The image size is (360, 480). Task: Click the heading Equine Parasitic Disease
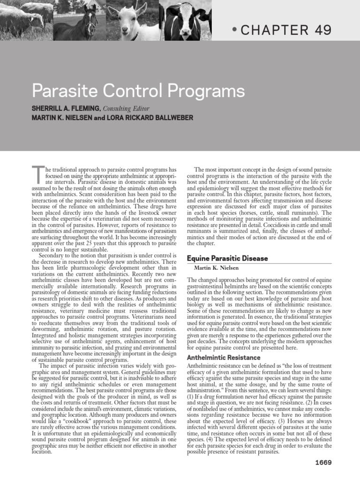[227, 258]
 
